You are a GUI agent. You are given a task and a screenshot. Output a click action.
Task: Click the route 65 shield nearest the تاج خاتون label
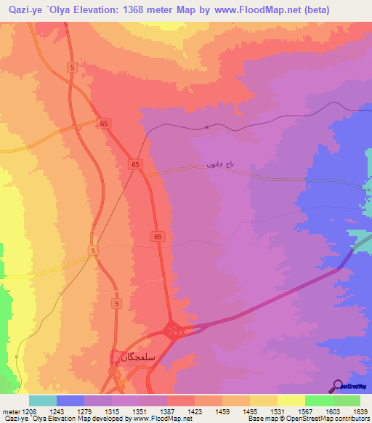click(x=136, y=165)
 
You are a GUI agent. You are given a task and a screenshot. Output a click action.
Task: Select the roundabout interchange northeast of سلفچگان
click(x=174, y=331)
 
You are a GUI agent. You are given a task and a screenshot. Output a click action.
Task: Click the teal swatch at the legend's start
click(x=43, y=400)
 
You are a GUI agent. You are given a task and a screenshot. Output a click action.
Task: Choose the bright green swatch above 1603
click(x=319, y=400)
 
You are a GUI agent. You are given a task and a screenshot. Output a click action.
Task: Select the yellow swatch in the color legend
click(x=291, y=400)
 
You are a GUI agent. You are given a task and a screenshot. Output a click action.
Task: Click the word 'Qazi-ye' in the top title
click(x=21, y=10)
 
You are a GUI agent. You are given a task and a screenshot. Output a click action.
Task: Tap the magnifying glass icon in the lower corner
click(x=337, y=384)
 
